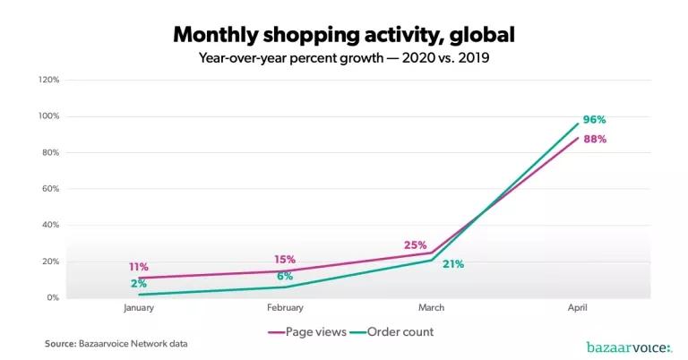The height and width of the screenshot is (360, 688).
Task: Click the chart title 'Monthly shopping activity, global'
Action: [x=344, y=35]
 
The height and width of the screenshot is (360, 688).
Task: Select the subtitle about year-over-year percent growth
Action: [x=344, y=60]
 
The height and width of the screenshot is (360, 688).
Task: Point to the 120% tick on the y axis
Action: [x=48, y=80]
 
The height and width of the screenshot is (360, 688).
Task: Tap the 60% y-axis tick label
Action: [x=50, y=189]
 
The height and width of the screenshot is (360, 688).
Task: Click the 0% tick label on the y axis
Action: [x=53, y=298]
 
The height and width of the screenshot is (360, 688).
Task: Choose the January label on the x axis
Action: [x=139, y=307]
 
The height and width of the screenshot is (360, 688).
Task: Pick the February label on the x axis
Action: [x=285, y=307]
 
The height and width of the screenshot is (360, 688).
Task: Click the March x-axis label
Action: [x=432, y=307]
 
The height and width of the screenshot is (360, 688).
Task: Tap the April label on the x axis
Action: [x=578, y=307]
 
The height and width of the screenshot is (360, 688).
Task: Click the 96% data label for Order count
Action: [x=596, y=120]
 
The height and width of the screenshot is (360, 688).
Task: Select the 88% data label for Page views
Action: [x=596, y=140]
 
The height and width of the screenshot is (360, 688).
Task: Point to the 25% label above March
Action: [x=415, y=244]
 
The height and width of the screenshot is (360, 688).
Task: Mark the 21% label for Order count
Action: [x=452, y=264]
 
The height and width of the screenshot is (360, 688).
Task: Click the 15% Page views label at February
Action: [x=284, y=260]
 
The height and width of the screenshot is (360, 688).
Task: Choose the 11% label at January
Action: [x=138, y=267]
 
